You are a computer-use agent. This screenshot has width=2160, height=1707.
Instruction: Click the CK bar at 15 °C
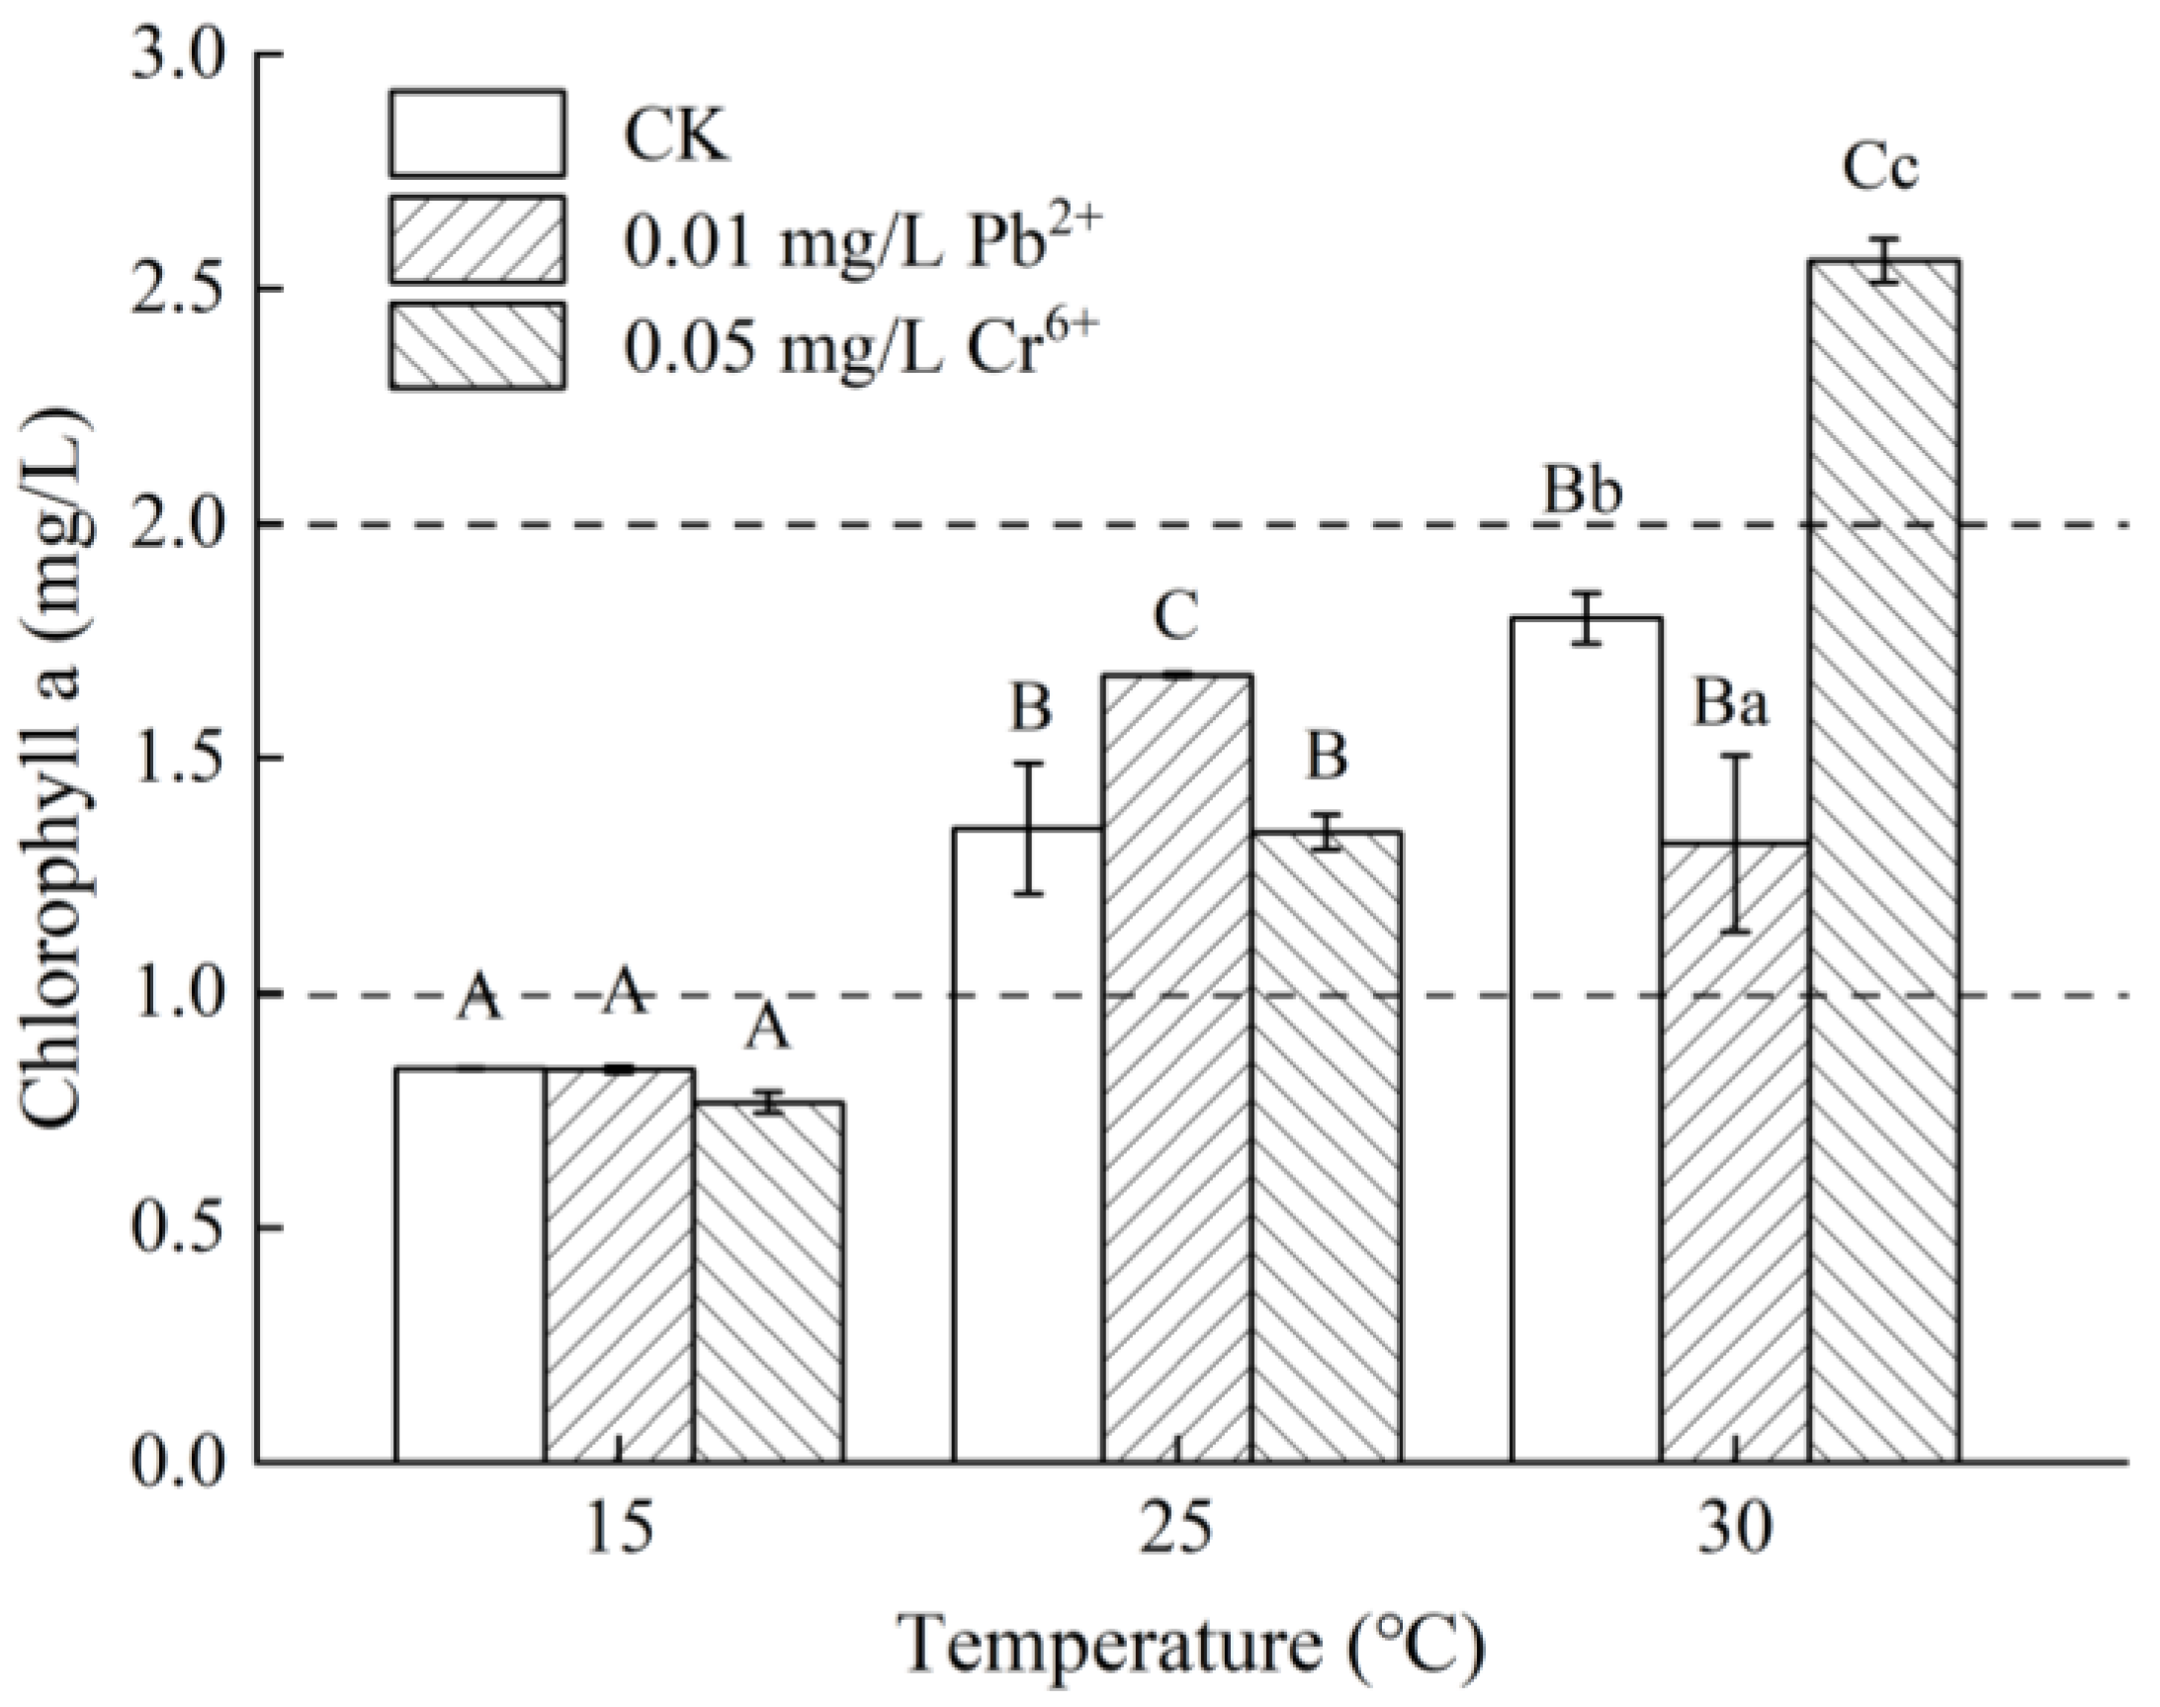(470, 1264)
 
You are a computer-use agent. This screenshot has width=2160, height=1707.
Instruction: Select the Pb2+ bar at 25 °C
(1177, 1069)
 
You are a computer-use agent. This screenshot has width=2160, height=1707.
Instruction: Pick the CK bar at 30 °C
(1586, 1039)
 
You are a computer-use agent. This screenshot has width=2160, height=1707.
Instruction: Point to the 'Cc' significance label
(1880, 168)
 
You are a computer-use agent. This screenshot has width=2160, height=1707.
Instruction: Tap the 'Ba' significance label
(1729, 704)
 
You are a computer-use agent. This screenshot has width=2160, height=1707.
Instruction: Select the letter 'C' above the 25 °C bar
(1175, 618)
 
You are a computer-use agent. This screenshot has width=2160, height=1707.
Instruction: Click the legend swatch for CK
(477, 133)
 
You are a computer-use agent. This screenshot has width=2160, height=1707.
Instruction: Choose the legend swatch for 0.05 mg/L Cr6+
(477, 344)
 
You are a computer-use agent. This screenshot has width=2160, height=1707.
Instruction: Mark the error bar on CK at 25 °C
(1029, 829)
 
